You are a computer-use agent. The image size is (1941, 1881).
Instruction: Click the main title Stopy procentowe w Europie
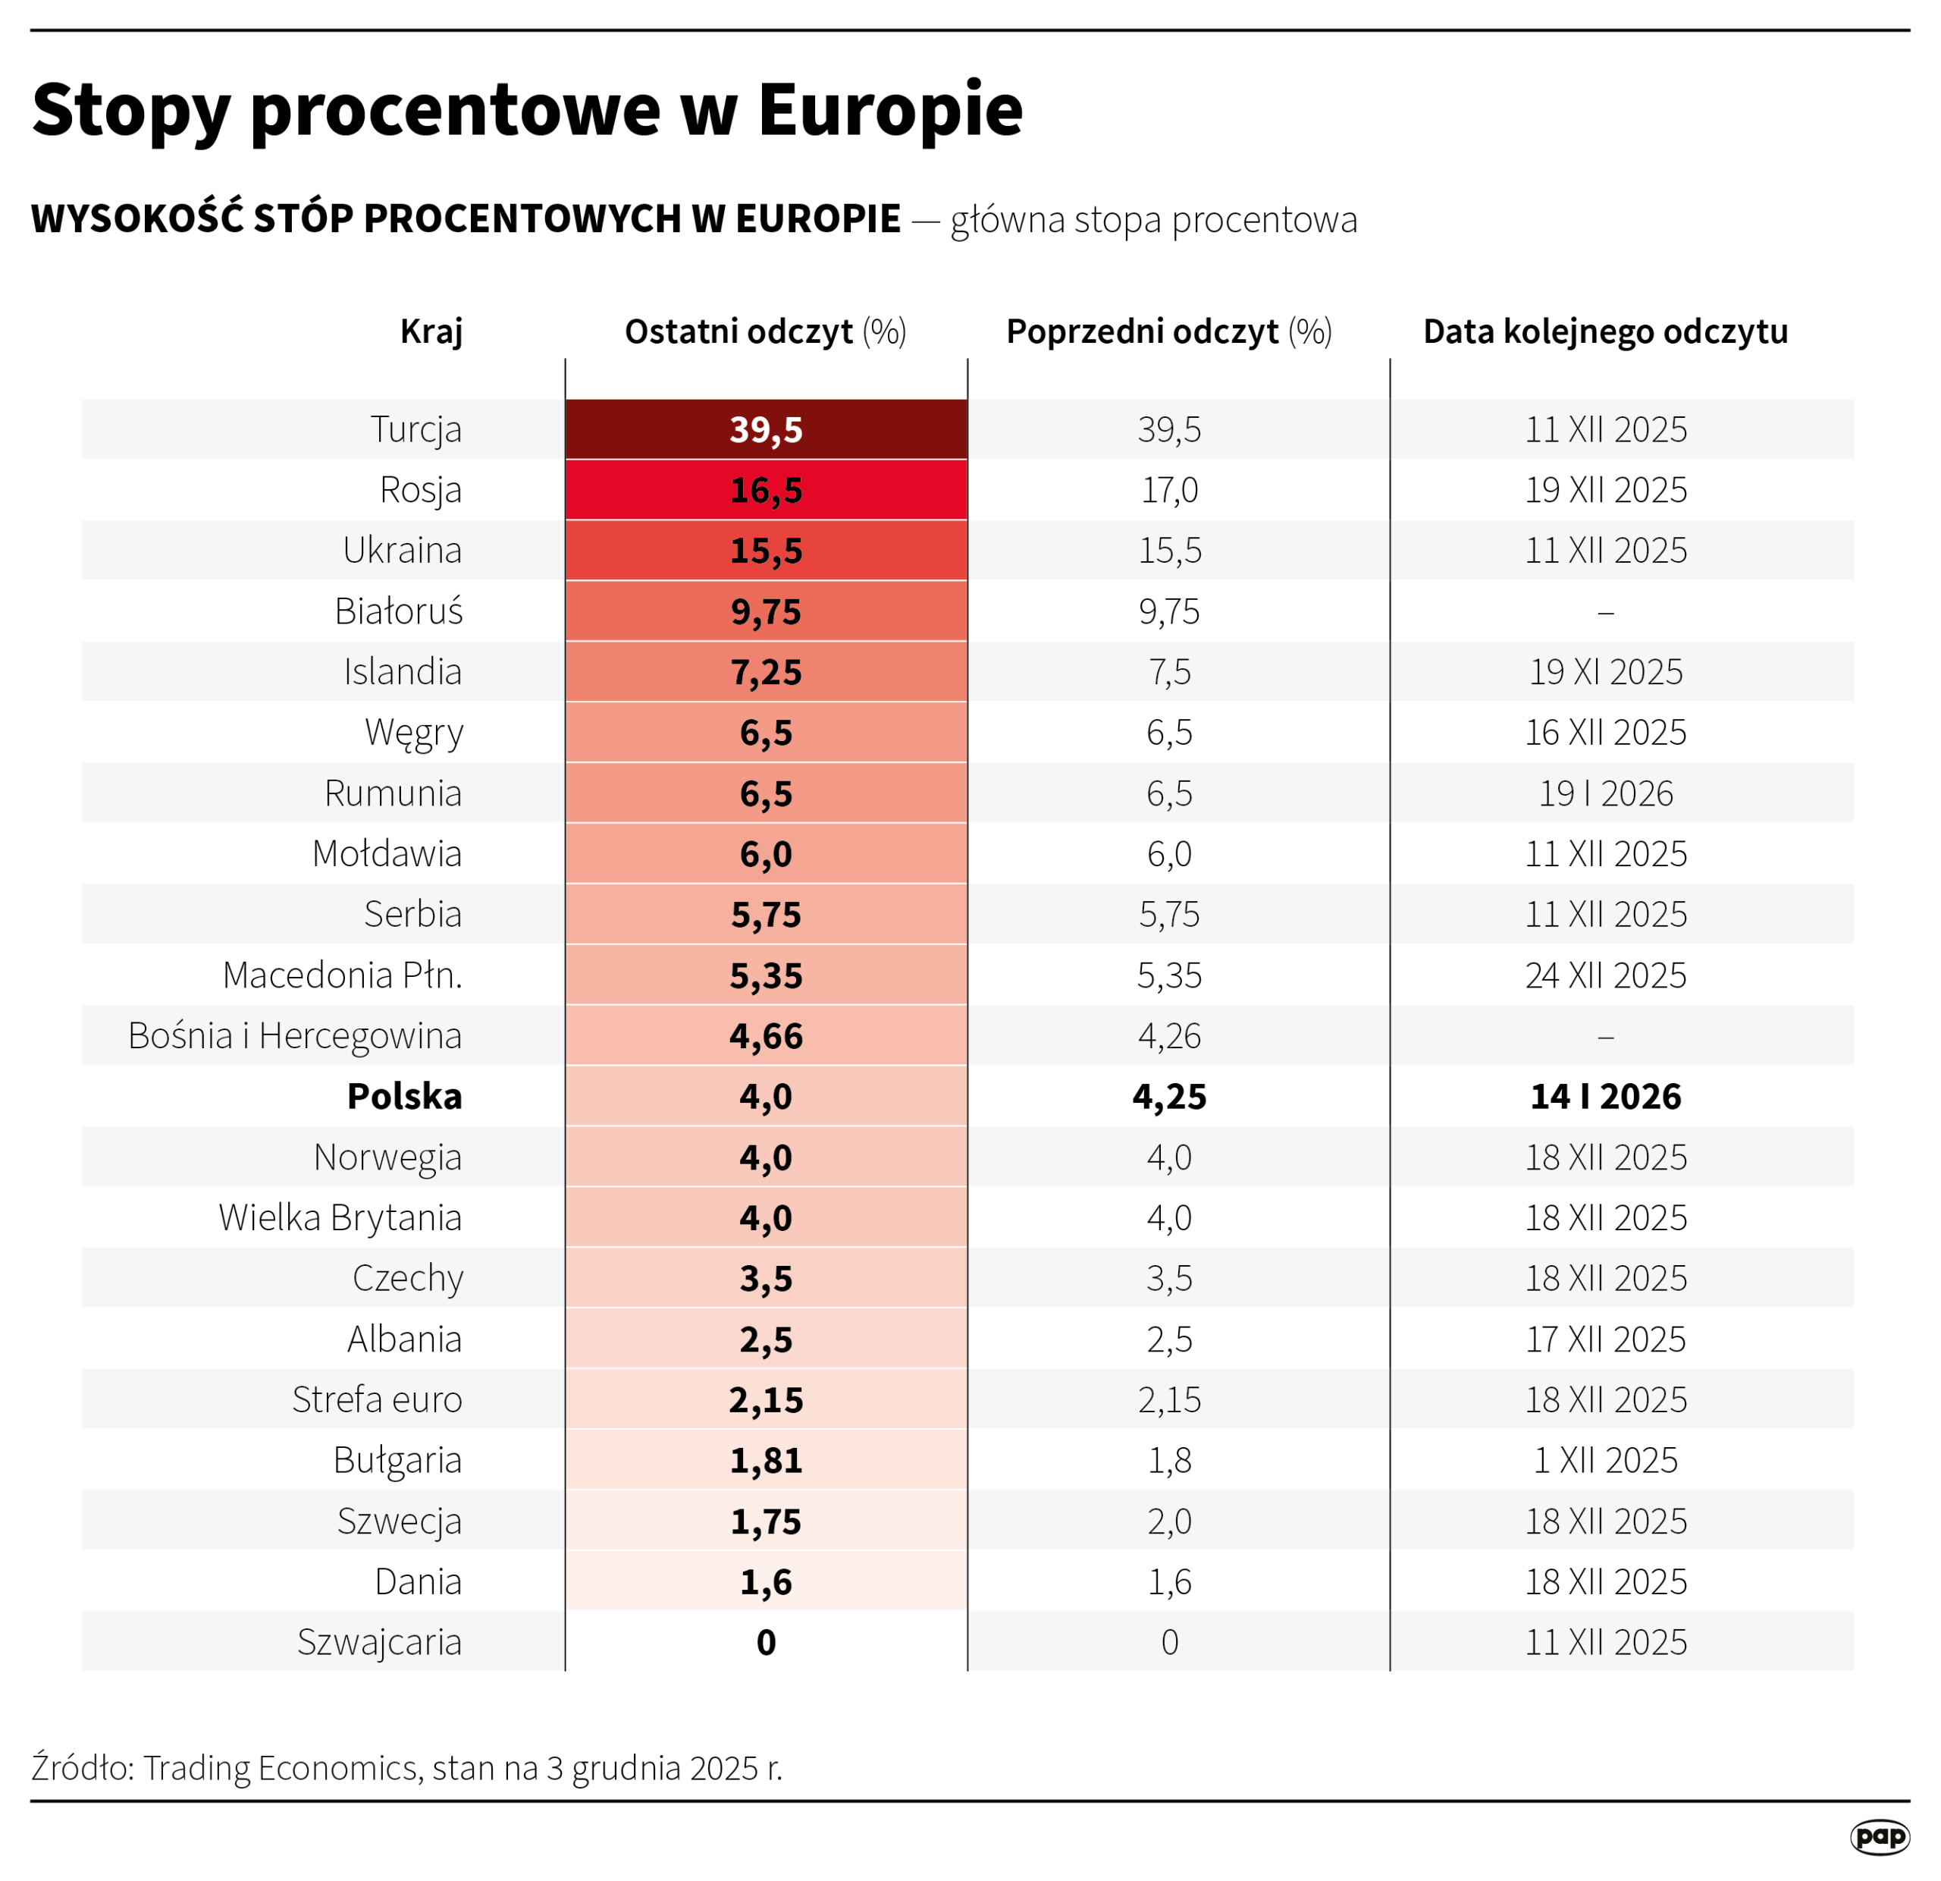[x=527, y=109]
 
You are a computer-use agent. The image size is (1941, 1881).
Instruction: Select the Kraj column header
[x=431, y=331]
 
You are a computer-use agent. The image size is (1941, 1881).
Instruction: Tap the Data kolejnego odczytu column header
[x=1604, y=331]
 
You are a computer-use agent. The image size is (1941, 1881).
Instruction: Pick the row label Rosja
[x=420, y=490]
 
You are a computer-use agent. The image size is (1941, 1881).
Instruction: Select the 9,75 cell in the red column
[x=766, y=612]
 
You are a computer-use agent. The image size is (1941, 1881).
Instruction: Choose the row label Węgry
[x=413, y=733]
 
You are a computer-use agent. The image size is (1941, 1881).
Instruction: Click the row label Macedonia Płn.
[x=342, y=975]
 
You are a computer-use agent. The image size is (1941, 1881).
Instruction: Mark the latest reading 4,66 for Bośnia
[x=766, y=1036]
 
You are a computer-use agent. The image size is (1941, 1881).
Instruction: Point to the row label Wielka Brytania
[x=340, y=1218]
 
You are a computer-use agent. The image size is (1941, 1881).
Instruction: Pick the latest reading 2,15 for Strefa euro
[x=766, y=1399]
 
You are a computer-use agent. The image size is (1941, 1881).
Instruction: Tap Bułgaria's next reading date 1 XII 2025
[x=1604, y=1461]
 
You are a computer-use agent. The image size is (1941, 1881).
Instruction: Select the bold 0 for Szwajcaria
[x=766, y=1642]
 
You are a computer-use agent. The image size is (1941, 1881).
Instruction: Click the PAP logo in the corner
[x=1879, y=1836]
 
